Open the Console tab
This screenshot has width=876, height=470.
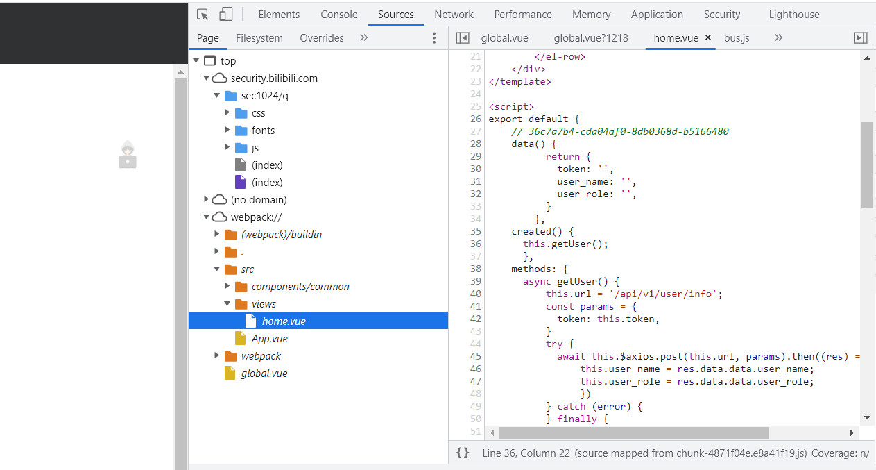(338, 15)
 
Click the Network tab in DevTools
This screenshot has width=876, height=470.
(454, 15)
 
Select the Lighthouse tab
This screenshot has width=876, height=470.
(794, 15)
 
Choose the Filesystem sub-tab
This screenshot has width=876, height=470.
(259, 38)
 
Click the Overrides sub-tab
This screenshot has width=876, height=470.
(321, 38)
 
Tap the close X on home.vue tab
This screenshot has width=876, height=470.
(708, 37)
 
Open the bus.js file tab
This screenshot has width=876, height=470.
(737, 38)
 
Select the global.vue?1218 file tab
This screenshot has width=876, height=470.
(590, 38)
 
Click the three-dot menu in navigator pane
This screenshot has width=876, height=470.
(434, 38)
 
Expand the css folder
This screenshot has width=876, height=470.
(227, 112)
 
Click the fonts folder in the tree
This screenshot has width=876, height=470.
(263, 131)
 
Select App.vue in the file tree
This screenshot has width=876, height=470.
(269, 339)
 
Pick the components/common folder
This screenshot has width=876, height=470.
(300, 287)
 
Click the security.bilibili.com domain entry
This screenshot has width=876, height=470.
(274, 78)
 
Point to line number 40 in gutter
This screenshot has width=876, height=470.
(476, 294)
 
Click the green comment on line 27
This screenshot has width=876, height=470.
(620, 131)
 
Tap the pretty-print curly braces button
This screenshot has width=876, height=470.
(462, 453)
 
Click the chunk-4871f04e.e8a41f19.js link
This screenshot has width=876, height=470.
(740, 453)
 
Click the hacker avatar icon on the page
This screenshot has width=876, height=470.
(128, 155)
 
